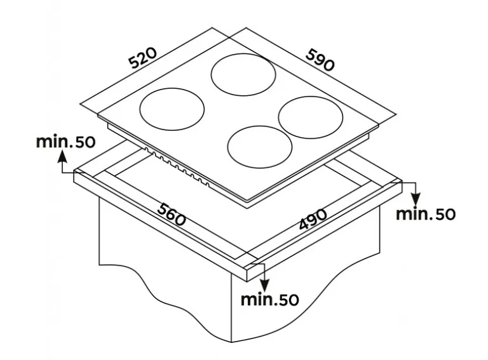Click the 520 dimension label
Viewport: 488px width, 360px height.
(144, 58)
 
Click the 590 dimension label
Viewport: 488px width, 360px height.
(320, 60)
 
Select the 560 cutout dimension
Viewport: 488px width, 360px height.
(172, 214)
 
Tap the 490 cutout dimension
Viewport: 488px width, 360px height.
(313, 219)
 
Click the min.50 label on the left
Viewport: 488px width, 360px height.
(65, 142)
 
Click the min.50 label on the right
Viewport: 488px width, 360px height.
(426, 214)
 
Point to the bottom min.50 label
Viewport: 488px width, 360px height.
(270, 299)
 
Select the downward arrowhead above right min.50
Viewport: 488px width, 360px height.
(416, 198)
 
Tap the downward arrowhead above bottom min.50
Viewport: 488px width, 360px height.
(264, 284)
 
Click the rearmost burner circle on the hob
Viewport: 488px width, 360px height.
(243, 75)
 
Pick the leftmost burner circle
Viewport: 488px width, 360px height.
(172, 109)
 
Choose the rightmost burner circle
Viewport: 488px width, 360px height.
(311, 117)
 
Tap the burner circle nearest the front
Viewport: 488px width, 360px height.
(260, 147)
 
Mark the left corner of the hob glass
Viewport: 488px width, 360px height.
(98, 116)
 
